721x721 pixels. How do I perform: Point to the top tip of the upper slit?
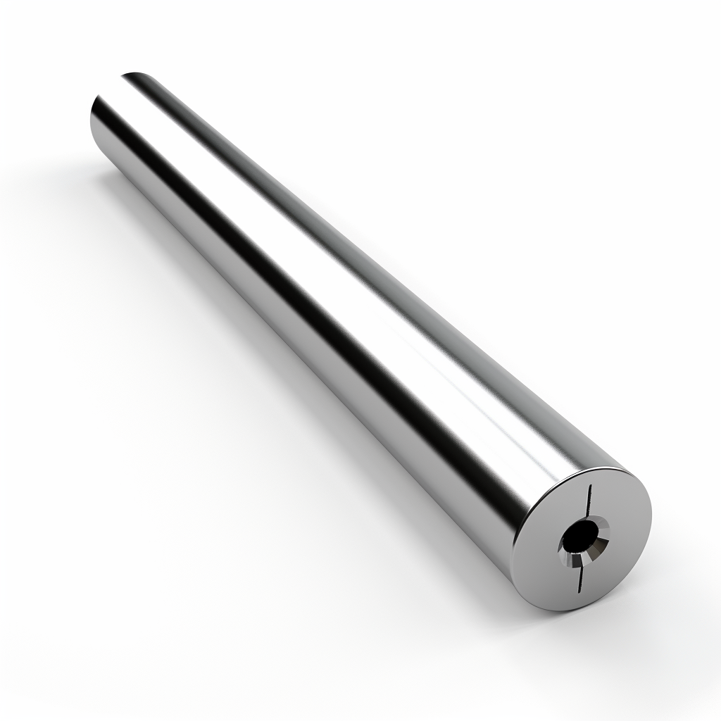coord(590,486)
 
